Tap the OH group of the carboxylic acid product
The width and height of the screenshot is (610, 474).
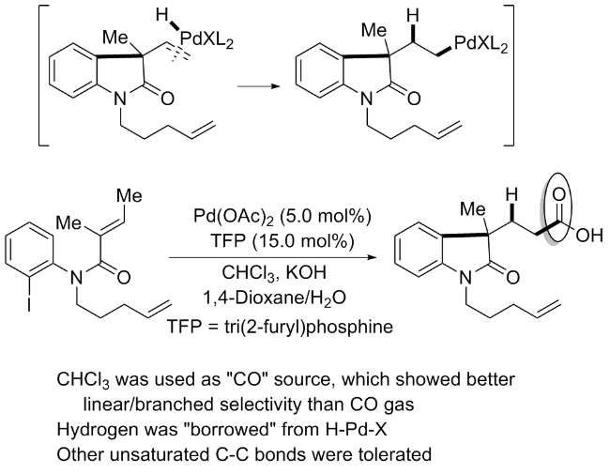tap(589, 236)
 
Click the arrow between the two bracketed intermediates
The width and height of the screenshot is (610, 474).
tap(259, 85)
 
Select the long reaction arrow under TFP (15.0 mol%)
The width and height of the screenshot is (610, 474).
tap(273, 257)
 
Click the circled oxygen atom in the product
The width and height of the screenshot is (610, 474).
tap(559, 195)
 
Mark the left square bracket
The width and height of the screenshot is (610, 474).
tap(43, 75)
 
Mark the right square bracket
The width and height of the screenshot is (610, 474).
tap(509, 75)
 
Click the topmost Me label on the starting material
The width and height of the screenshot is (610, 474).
tap(130, 196)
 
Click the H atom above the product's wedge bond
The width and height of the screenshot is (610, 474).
tap(511, 194)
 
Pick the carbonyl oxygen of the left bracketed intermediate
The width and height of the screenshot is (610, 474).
tap(167, 98)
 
